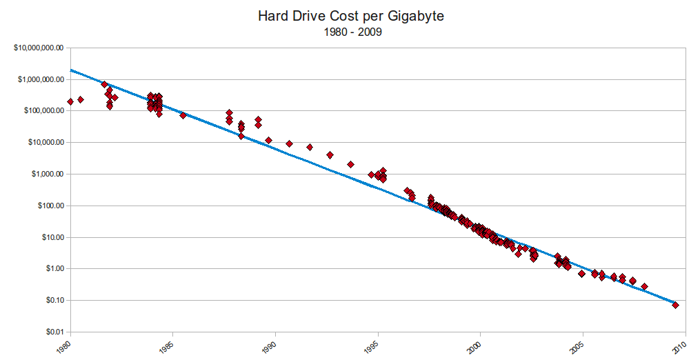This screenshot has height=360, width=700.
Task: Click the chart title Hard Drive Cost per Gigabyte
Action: point(350,16)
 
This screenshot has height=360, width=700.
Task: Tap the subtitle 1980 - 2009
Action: point(350,32)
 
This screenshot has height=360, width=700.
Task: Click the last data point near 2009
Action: point(675,305)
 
